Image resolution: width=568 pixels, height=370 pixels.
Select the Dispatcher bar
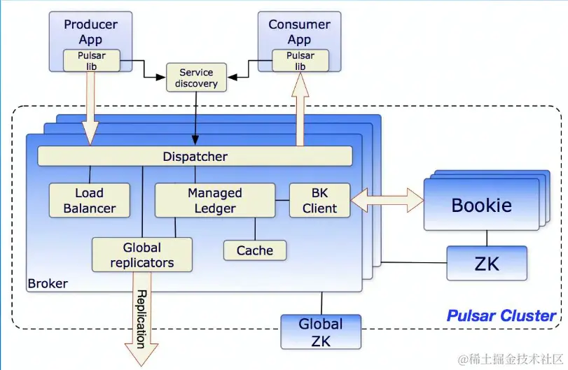[195, 156]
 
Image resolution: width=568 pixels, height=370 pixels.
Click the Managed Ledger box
[214, 200]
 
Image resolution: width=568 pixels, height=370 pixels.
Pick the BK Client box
[319, 200]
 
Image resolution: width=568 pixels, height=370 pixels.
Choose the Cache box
[254, 250]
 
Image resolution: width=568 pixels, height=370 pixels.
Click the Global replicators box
[142, 255]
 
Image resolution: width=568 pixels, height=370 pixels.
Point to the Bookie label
[481, 206]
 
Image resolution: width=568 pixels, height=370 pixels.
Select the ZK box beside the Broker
[487, 263]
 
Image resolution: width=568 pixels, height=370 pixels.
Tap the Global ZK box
[321, 332]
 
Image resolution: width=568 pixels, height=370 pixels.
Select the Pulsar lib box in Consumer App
[300, 61]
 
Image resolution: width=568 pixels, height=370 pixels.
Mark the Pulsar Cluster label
[501, 315]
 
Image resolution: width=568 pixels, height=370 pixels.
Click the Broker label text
[48, 283]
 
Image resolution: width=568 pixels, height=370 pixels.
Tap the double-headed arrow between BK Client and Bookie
[387, 201]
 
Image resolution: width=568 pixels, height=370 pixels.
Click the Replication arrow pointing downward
[141, 319]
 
